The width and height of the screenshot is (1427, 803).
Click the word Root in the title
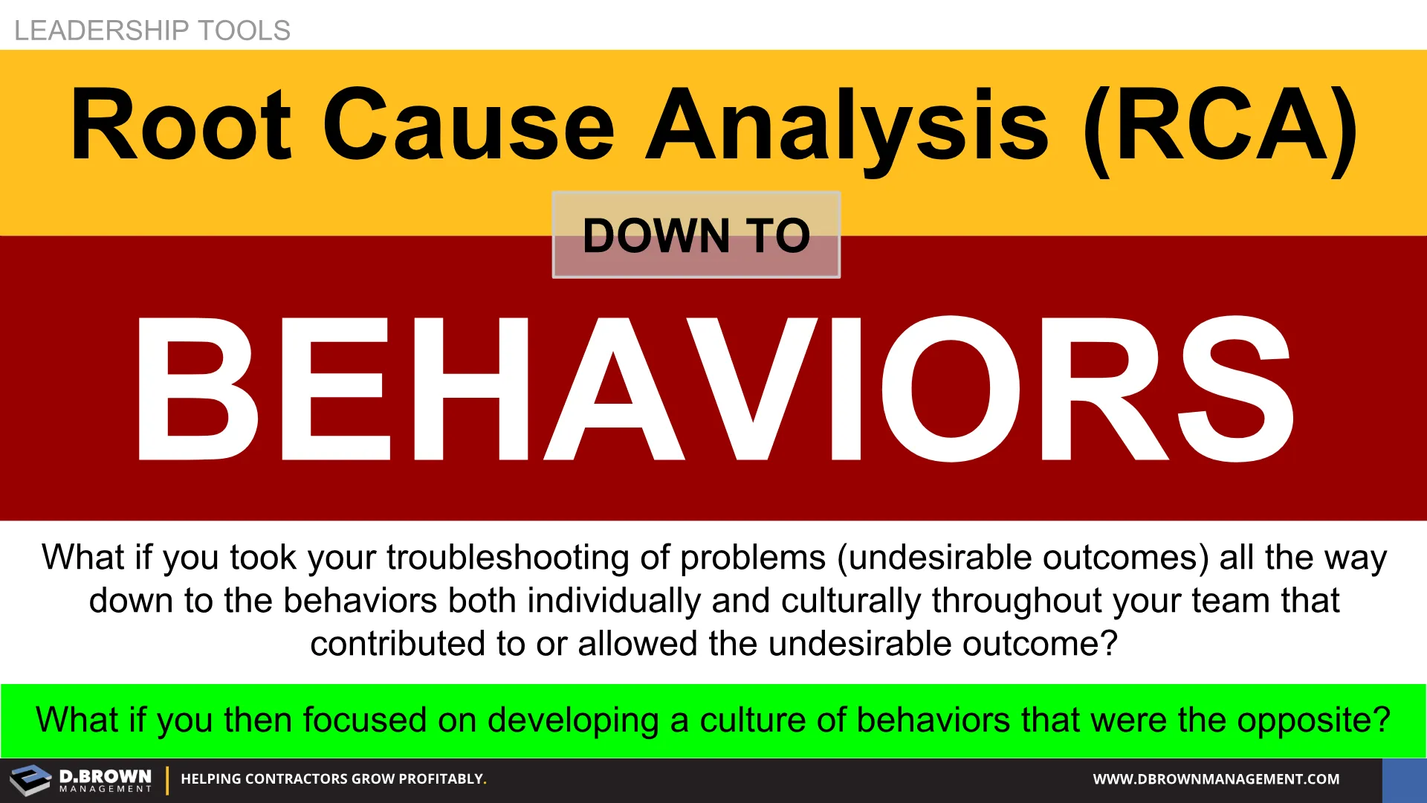click(181, 123)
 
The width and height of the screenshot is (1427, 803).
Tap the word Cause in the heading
click(469, 123)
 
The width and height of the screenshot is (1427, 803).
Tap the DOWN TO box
click(696, 235)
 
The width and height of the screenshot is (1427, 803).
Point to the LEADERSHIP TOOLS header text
click(152, 30)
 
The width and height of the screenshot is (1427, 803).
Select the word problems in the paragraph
click(753, 558)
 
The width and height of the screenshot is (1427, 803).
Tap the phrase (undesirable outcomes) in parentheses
click(1023, 558)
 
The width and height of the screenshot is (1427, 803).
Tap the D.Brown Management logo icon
click(30, 780)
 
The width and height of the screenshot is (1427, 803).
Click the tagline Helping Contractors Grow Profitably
click(334, 779)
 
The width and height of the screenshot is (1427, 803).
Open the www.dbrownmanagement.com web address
click(1216, 779)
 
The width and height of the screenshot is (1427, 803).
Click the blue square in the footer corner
click(1405, 781)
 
